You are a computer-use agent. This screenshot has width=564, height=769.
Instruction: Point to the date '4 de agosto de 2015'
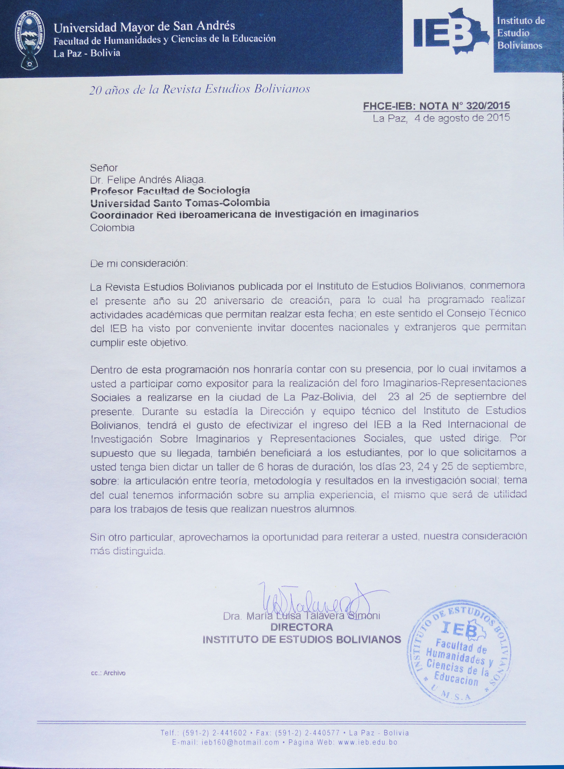tap(462, 118)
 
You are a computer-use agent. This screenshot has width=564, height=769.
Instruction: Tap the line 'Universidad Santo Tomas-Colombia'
tap(180, 203)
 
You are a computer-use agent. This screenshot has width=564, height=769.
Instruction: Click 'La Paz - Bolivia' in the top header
tap(87, 53)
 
